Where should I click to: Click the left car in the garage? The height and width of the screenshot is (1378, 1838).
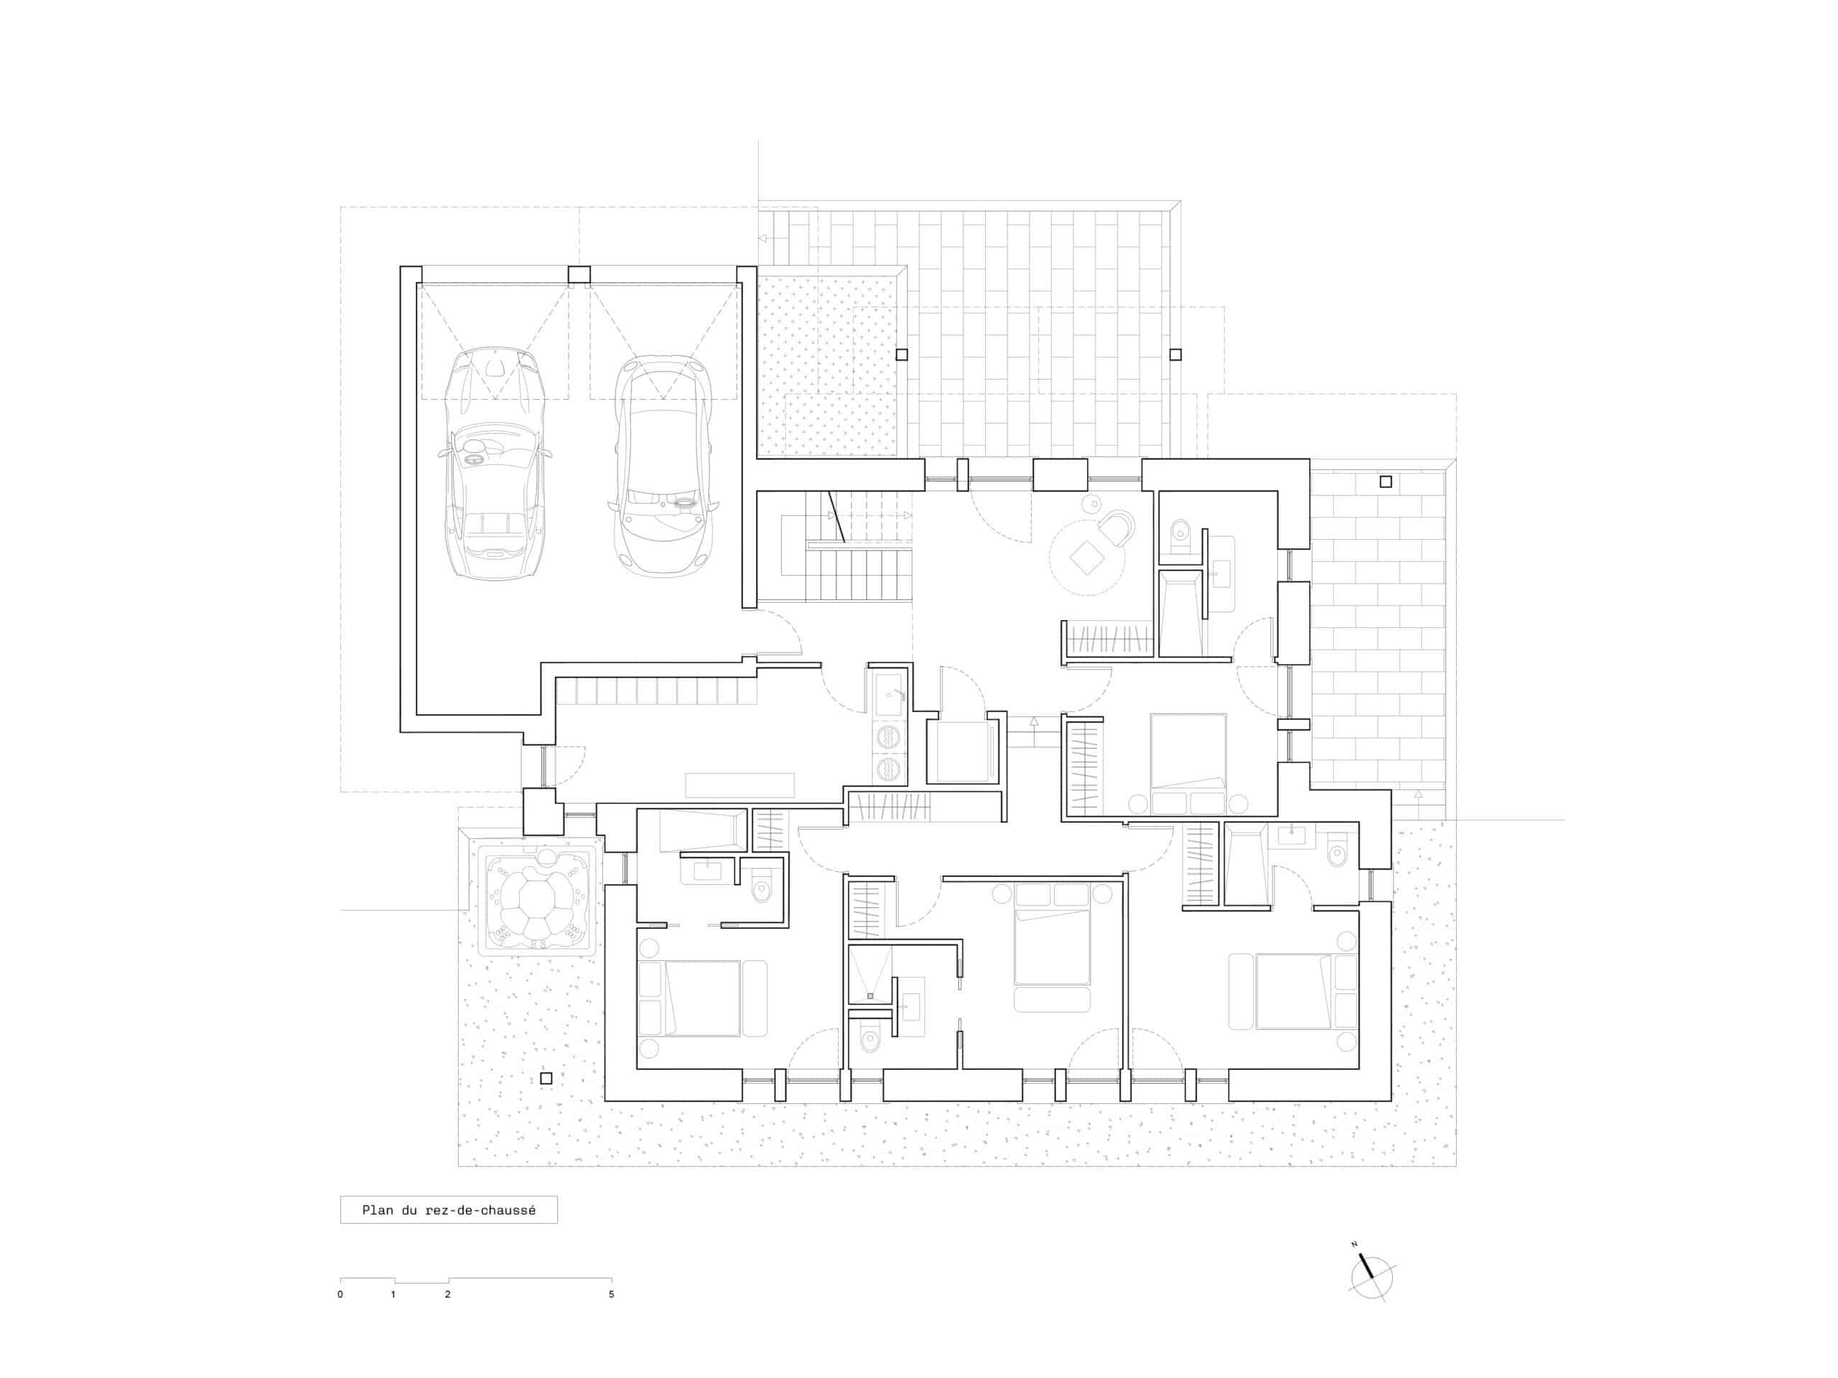tap(495, 464)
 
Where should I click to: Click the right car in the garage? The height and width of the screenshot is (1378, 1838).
tap(663, 465)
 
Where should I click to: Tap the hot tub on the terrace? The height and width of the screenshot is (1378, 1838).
tap(535, 898)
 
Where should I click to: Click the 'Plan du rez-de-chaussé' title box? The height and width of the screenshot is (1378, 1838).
tap(449, 1210)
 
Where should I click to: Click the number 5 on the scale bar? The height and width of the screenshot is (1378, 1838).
tap(612, 1294)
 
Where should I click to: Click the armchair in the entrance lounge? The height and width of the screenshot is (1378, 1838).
tap(1115, 528)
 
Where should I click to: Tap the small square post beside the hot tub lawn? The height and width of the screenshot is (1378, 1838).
tap(546, 1079)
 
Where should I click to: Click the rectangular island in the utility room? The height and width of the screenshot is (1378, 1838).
tap(740, 785)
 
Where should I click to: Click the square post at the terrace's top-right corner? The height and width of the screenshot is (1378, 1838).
tap(1385, 482)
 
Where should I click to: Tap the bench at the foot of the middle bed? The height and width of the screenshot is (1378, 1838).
tap(1052, 999)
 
